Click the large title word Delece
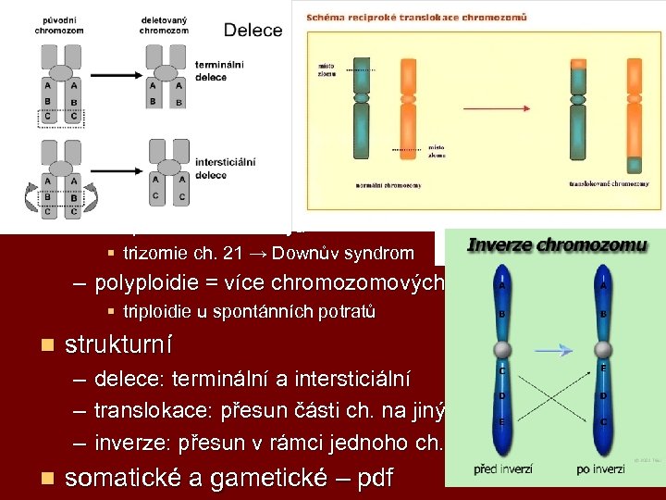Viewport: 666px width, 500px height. tap(253, 30)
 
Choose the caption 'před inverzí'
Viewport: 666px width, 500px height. tap(505, 469)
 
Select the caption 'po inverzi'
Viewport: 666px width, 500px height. tap(602, 469)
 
